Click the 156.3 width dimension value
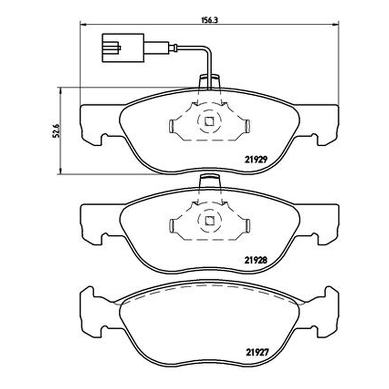click(209, 20)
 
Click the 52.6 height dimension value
click(56, 130)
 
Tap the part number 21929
click(256, 159)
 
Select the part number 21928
click(256, 260)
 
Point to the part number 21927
click(257, 352)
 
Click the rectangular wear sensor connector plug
click(123, 48)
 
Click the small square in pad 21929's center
click(209, 121)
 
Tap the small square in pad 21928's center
click(209, 220)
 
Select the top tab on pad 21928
click(209, 181)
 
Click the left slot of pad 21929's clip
click(171, 126)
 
